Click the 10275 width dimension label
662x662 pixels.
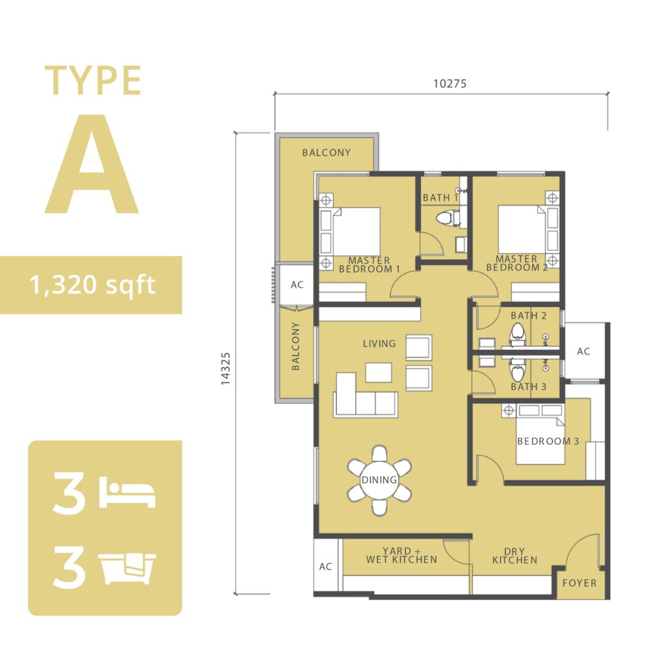point(450,83)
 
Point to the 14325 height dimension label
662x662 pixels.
point(226,368)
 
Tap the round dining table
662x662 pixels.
point(379,480)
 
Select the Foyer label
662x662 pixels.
point(579,582)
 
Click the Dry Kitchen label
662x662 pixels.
point(515,555)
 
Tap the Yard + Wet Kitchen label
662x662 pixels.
point(401,555)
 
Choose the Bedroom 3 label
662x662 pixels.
point(548,441)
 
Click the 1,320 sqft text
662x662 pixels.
point(92,285)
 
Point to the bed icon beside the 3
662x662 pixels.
point(127,492)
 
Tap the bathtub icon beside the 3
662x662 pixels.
point(127,568)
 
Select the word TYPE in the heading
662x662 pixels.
point(92,80)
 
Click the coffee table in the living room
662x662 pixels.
point(378,372)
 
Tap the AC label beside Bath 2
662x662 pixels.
point(583,351)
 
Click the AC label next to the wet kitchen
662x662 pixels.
point(325,566)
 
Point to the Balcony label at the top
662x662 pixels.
point(326,153)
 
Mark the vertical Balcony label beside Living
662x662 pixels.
point(295,347)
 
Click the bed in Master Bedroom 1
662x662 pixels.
point(350,232)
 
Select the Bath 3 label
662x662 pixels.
point(529,387)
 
